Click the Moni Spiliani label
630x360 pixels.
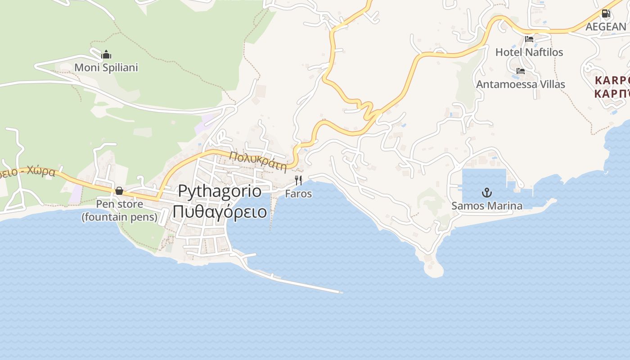tap(106, 67)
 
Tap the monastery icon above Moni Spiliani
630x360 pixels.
tap(106, 55)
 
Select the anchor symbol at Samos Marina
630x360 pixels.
tap(487, 193)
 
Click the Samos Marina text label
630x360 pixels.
tap(487, 206)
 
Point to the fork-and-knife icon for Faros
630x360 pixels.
tap(298, 181)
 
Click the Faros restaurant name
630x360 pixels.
tap(298, 194)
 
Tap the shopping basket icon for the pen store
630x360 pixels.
tap(119, 191)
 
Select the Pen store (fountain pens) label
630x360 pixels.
tap(119, 211)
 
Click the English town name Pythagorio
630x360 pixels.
tap(220, 191)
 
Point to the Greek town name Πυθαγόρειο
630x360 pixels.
tap(220, 211)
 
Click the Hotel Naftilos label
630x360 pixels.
tap(529, 52)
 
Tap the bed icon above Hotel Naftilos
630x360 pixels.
tap(529, 39)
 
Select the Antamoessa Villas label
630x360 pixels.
tap(521, 84)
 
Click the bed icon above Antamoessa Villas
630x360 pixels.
tap(521, 71)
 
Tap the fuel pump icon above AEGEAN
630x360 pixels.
tap(606, 13)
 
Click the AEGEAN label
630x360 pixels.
tap(606, 27)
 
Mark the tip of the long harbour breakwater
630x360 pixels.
tap(341, 292)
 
